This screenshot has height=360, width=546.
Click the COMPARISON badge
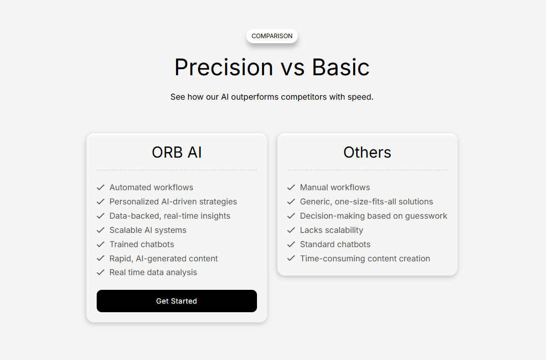coord(272,36)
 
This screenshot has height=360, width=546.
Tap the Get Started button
coord(177,301)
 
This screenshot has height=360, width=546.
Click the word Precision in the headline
coord(223,67)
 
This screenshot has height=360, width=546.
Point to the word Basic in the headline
coord(340,67)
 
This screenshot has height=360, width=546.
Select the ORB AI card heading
coord(177,153)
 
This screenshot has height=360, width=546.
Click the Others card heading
coord(367,153)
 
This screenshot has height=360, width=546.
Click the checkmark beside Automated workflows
coord(101,188)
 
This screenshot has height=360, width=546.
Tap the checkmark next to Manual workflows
coord(291,188)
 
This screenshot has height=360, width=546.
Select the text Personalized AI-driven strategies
coord(173,202)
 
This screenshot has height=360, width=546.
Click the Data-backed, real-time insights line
coord(170,216)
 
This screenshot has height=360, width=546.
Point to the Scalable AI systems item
coord(148,230)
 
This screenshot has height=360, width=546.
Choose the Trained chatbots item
coord(142,244)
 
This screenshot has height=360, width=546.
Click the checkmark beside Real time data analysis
coord(101,273)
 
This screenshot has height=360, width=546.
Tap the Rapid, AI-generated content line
coord(164,258)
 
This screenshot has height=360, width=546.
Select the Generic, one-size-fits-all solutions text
coord(367,202)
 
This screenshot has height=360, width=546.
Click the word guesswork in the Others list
coord(426,216)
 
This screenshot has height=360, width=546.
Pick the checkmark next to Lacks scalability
coord(291,230)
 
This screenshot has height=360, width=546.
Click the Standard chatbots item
coord(335,244)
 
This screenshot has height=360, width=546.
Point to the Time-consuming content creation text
coord(365,258)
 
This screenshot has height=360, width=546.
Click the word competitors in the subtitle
coord(304,97)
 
